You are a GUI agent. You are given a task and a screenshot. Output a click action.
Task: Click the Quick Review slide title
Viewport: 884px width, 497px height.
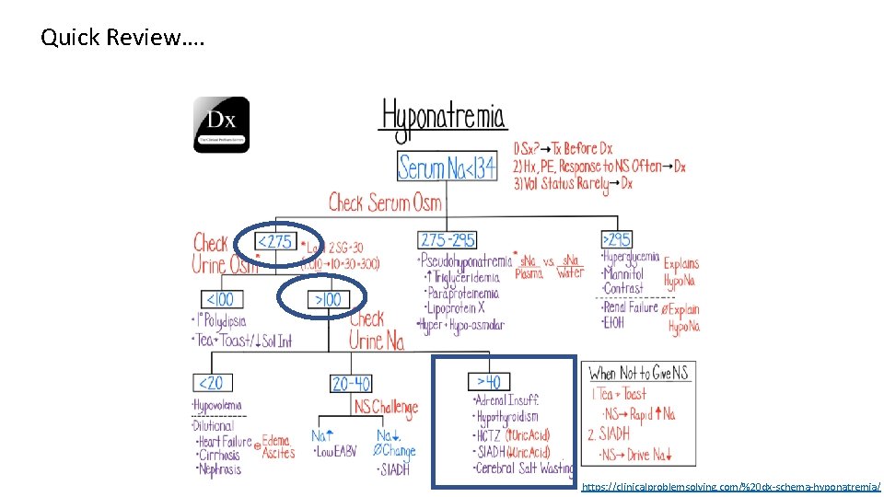point(123,39)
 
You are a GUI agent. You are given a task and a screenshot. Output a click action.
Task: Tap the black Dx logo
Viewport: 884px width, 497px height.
point(221,124)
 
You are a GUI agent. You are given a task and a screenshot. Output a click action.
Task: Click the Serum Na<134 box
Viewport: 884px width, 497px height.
point(447,167)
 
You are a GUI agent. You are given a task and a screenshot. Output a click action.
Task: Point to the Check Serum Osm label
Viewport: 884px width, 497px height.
point(385,202)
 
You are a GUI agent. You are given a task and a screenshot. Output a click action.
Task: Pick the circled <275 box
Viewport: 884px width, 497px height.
point(274,242)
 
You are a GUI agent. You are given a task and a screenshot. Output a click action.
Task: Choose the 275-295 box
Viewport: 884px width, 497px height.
point(447,240)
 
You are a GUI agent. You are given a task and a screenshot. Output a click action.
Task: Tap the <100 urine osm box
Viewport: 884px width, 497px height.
point(219,300)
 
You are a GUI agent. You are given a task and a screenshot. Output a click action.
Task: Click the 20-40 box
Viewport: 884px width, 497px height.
point(352,382)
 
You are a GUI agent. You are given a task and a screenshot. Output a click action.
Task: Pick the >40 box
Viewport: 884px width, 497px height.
point(488,381)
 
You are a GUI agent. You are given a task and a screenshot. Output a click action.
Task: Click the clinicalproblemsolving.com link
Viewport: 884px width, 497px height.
point(731,485)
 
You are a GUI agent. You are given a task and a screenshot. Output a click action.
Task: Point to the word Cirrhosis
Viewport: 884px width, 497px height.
point(219,455)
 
